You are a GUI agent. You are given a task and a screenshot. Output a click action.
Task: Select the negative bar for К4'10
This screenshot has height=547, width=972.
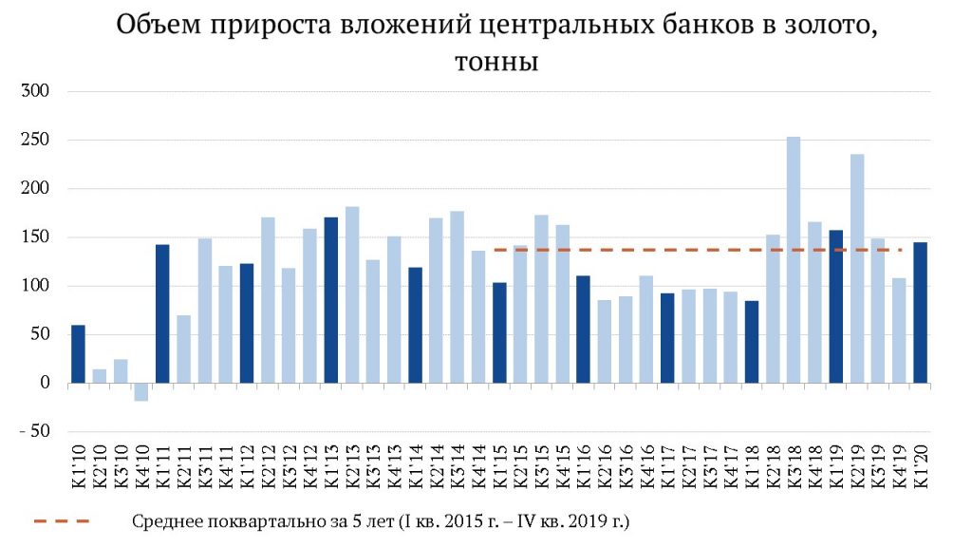pyautogui.click(x=141, y=391)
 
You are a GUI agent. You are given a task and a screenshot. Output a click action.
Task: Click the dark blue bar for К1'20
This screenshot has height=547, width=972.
pyautogui.click(x=920, y=312)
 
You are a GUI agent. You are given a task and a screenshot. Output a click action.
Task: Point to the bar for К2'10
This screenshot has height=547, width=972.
pyautogui.click(x=99, y=376)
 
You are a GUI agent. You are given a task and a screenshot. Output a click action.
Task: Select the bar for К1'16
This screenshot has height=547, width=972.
pyautogui.click(x=583, y=330)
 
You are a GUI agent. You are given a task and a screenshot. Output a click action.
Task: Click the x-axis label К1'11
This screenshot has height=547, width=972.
pyautogui.click(x=162, y=464)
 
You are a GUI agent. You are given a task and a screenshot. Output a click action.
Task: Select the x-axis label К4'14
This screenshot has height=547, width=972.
pyautogui.click(x=477, y=464)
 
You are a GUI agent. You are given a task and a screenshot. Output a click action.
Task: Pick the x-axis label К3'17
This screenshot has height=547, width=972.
pyautogui.click(x=709, y=464)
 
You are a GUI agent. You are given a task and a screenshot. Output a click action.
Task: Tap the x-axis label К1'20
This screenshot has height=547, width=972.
pyautogui.click(x=920, y=464)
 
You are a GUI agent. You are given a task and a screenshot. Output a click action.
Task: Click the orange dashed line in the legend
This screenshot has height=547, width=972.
pyautogui.click(x=61, y=521)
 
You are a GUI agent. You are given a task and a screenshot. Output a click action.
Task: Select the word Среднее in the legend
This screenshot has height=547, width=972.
pyautogui.click(x=165, y=521)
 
